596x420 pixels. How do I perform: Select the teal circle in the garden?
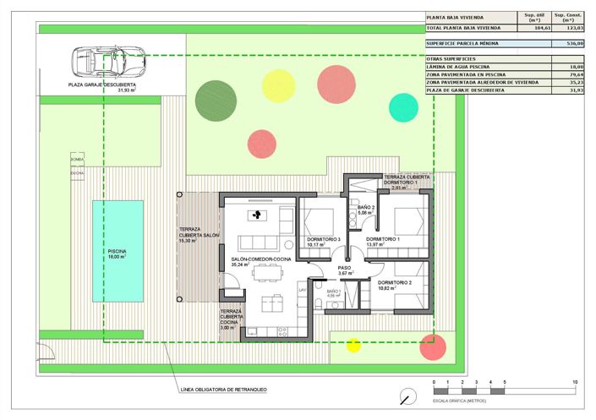tap(403, 106)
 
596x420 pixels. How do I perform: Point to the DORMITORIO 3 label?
tap(324, 241)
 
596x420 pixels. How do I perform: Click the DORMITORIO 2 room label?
tap(394, 283)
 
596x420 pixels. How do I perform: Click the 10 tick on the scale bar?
tap(575, 383)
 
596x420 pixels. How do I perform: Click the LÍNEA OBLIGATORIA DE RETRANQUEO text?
tap(224, 390)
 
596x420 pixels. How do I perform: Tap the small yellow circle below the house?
tap(353, 344)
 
